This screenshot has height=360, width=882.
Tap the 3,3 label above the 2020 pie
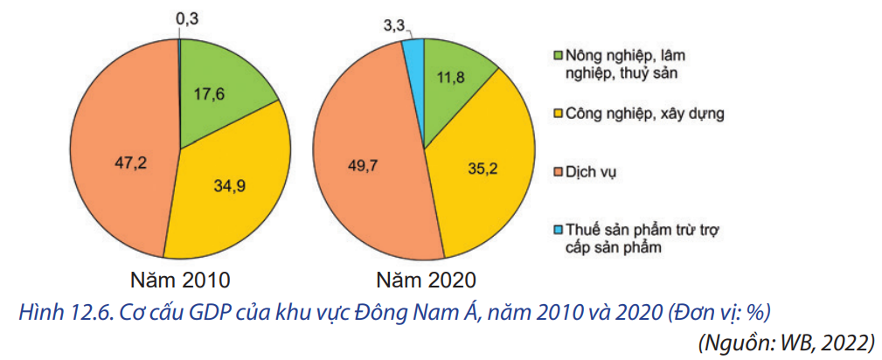click(393, 24)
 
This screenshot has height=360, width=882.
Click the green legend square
click(558, 56)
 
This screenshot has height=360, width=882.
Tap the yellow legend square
click(558, 113)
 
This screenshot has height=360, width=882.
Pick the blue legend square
click(558, 230)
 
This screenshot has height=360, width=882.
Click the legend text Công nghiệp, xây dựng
click(645, 113)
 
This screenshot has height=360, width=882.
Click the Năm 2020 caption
click(426, 280)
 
